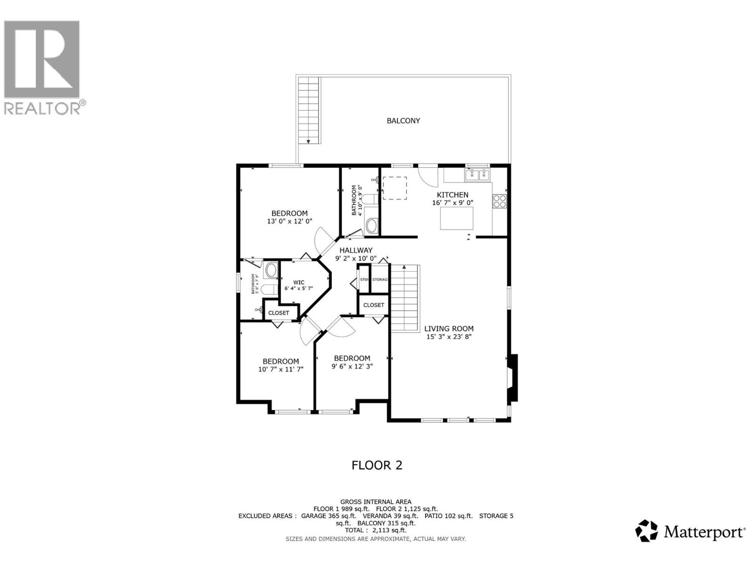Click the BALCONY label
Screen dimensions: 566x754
(x=403, y=121)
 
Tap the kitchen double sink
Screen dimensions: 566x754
(x=478, y=175)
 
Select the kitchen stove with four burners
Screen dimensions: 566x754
(x=500, y=201)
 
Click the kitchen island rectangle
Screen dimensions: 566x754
(x=457, y=218)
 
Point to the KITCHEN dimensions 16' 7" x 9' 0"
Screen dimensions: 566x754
(x=452, y=203)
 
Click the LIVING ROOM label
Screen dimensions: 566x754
(x=449, y=329)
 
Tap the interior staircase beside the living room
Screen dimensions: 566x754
(x=405, y=298)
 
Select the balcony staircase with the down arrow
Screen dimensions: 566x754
(x=309, y=111)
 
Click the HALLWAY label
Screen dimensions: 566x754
(x=356, y=250)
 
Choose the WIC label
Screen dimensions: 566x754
(x=299, y=283)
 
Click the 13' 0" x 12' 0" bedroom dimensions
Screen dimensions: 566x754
(x=289, y=221)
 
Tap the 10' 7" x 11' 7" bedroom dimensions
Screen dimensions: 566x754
(x=280, y=369)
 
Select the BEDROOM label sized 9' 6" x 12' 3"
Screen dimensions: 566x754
(x=352, y=358)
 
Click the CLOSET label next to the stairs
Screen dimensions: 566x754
(x=374, y=305)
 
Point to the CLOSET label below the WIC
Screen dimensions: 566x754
(x=279, y=313)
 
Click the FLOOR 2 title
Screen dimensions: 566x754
(x=377, y=465)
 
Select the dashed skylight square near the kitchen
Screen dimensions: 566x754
(x=394, y=188)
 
